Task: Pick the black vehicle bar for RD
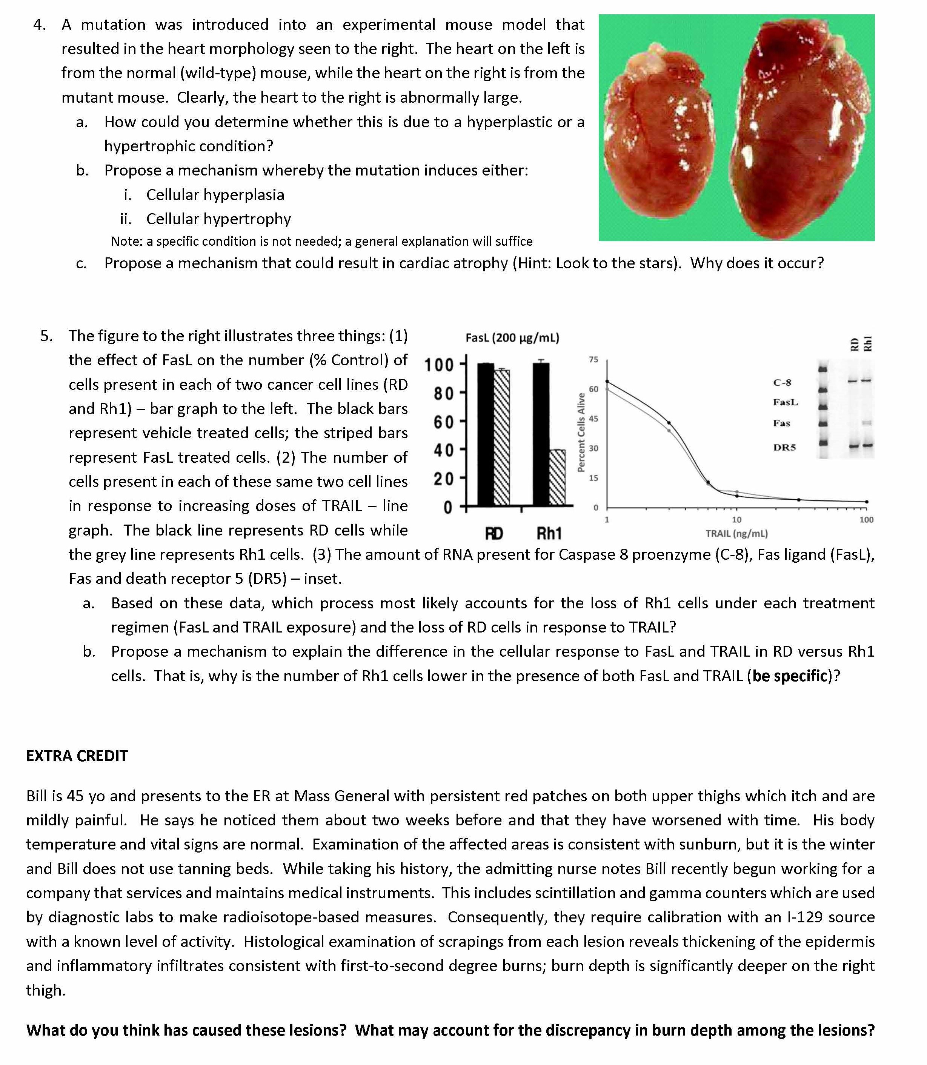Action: click(x=485, y=435)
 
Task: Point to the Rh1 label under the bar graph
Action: click(x=549, y=533)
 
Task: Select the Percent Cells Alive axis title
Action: click(x=581, y=432)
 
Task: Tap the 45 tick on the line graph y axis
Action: click(x=593, y=419)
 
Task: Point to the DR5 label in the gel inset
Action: click(x=784, y=447)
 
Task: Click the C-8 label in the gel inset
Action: click(x=782, y=383)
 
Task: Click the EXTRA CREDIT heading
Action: click(x=77, y=756)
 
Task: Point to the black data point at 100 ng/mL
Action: click(x=867, y=502)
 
